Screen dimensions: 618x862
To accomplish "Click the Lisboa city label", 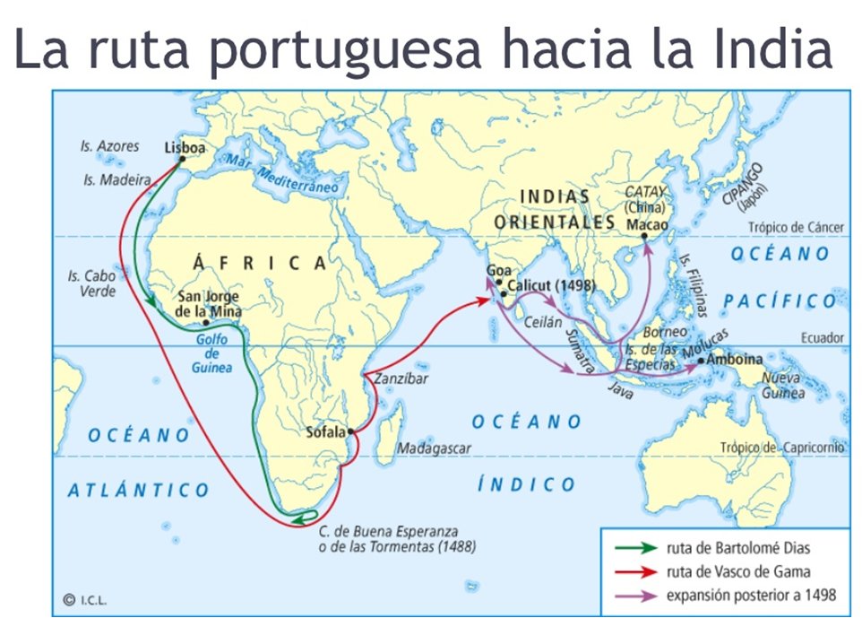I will coord(185,148).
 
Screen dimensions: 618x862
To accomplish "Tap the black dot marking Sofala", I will coord(350,432).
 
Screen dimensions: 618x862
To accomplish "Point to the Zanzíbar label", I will coord(401,379).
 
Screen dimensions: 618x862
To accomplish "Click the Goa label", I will coord(497,269).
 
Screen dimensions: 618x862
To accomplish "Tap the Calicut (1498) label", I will coord(552,287).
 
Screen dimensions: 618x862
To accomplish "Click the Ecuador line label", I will coord(823,338).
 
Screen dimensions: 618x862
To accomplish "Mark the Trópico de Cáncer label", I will coord(797,228).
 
